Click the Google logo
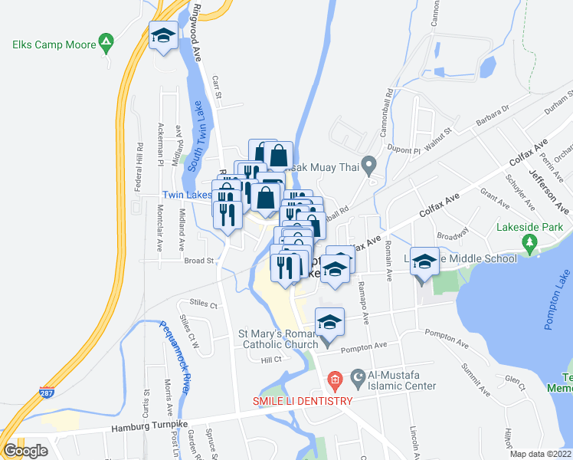(25, 451)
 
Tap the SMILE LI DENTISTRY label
(303, 401)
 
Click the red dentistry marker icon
(334, 379)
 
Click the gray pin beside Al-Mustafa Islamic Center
(358, 376)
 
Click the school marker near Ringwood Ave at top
(163, 35)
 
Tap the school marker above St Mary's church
(329, 323)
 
